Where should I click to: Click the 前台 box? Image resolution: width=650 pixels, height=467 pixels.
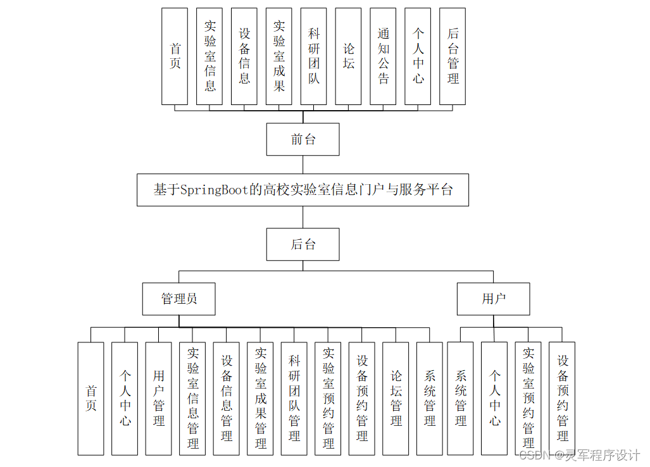click(303, 139)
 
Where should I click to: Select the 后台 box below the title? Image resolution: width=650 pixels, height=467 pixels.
click(303, 244)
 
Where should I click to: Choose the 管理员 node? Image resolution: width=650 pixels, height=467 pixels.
click(179, 299)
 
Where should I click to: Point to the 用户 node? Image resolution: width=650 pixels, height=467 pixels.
click(493, 299)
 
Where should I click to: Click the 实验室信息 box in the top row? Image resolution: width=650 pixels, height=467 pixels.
click(209, 56)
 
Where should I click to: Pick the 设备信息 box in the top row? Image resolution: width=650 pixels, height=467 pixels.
click(244, 56)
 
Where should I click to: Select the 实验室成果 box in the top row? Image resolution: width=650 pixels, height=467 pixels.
click(279, 56)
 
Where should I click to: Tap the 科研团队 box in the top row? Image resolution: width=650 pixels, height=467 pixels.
click(314, 56)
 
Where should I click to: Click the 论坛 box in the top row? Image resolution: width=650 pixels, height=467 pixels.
click(348, 56)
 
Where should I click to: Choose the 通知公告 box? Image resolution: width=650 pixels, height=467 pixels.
click(383, 56)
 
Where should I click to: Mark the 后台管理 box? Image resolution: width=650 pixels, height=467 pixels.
click(453, 56)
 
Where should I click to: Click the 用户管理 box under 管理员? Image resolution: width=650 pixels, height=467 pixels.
click(158, 399)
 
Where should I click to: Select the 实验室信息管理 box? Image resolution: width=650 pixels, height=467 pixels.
click(192, 399)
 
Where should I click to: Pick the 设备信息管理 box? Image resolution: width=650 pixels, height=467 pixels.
click(227, 399)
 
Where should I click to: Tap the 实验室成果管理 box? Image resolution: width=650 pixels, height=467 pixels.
click(260, 399)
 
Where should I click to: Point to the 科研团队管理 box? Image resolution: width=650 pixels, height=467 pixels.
click(294, 399)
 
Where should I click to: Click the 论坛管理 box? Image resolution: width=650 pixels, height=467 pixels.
click(396, 399)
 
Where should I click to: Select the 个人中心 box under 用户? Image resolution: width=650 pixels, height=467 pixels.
click(494, 399)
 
